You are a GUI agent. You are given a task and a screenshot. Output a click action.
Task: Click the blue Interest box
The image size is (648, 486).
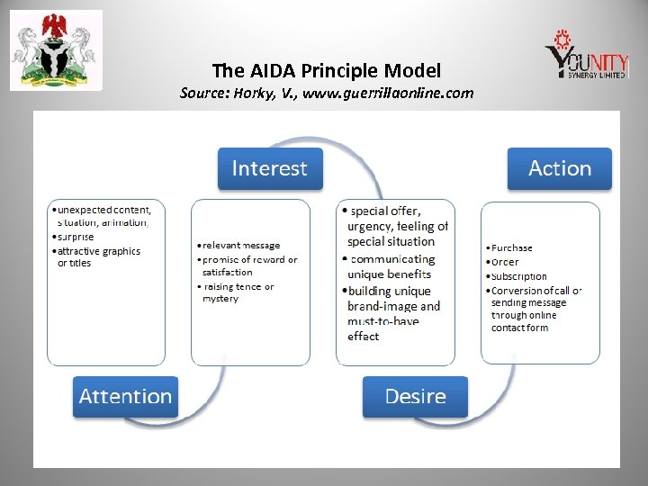click(269, 168)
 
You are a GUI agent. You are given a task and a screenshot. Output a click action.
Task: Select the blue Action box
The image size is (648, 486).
click(559, 168)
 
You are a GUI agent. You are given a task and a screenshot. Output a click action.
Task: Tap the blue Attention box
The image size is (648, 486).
click(125, 396)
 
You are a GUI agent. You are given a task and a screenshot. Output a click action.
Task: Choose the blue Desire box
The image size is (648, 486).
click(415, 396)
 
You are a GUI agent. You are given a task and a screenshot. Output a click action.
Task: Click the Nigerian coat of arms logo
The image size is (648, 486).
click(56, 50)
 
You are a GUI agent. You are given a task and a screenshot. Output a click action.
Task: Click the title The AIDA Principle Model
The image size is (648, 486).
click(326, 69)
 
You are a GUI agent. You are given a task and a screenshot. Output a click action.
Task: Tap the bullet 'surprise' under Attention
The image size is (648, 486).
click(76, 237)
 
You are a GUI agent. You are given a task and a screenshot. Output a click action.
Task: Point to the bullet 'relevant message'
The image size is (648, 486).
click(241, 245)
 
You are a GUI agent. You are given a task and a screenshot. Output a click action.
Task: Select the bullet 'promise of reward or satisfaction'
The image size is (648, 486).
click(248, 265)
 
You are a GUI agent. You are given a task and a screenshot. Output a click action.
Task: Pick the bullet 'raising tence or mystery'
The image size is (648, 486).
click(238, 292)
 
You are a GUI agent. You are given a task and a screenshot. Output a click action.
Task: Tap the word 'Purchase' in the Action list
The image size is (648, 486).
click(511, 247)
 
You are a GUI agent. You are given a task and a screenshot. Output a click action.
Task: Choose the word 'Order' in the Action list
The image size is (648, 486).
click(505, 262)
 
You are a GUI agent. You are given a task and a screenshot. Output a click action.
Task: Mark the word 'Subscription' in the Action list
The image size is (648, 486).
click(518, 276)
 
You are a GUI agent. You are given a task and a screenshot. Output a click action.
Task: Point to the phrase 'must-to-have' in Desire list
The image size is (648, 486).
click(382, 321)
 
